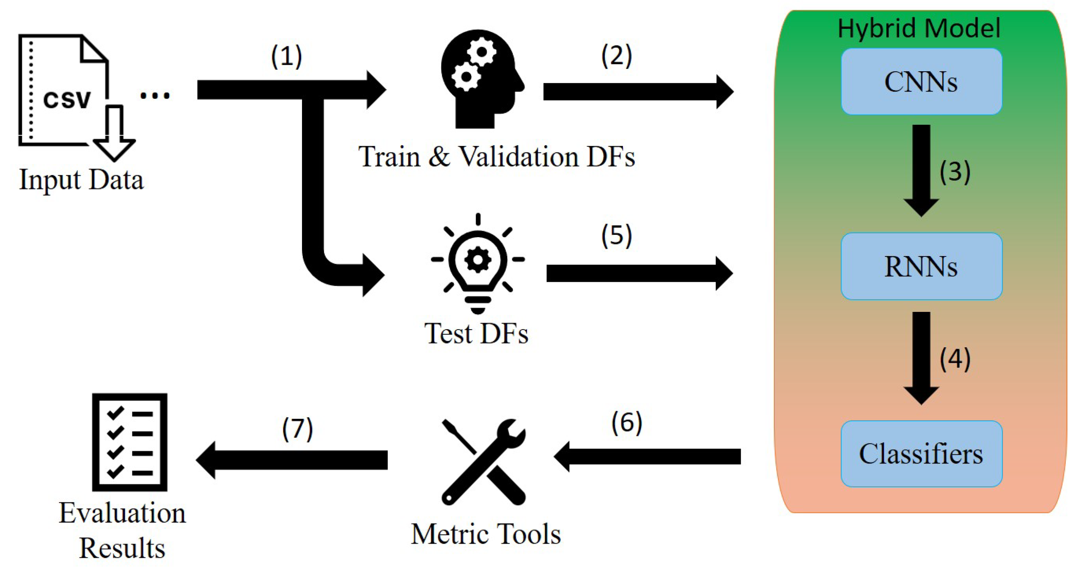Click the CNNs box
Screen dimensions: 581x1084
pyautogui.click(x=921, y=81)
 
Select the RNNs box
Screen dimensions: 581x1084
pyautogui.click(x=921, y=266)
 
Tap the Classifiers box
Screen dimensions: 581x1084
pyautogui.click(x=921, y=454)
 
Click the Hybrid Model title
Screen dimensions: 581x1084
pyautogui.click(x=919, y=28)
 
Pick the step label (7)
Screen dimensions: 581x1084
pyautogui.click(x=297, y=429)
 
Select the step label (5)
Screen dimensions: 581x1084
pyautogui.click(x=616, y=235)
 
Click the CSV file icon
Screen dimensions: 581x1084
pyautogui.click(x=72, y=95)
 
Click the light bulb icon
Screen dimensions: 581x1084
pyautogui.click(x=478, y=263)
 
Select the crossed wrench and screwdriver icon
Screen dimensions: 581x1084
pyautogui.click(x=483, y=462)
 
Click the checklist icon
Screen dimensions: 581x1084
pyautogui.click(x=129, y=442)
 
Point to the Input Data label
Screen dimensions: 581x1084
pyautogui.click(x=81, y=180)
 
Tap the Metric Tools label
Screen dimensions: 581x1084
pyautogui.click(x=486, y=534)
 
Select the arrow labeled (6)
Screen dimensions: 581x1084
pyautogui.click(x=648, y=457)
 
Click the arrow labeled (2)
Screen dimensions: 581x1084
pyautogui.click(x=638, y=92)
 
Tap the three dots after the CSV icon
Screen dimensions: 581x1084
pyautogui.click(x=155, y=96)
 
